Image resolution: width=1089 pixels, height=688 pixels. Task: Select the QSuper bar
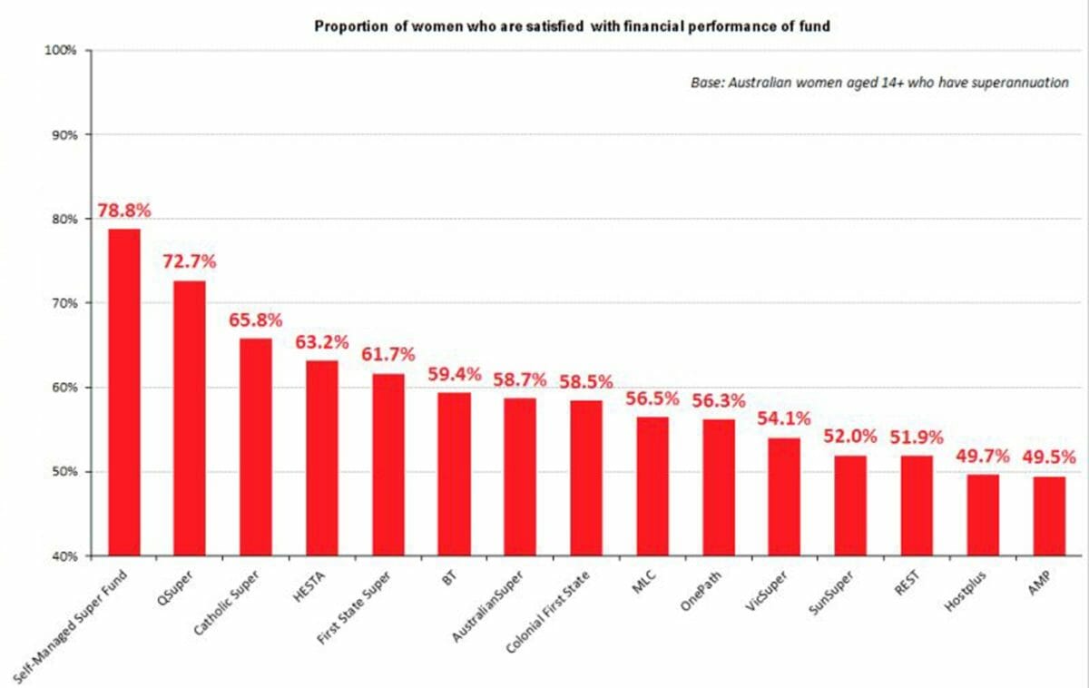pos(190,418)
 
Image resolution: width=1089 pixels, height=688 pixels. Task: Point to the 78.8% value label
pos(124,211)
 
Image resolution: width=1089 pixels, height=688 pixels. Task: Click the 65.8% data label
pos(256,320)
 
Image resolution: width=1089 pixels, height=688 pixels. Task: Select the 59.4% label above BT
pos(454,374)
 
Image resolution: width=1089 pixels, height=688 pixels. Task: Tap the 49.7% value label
pos(983,456)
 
